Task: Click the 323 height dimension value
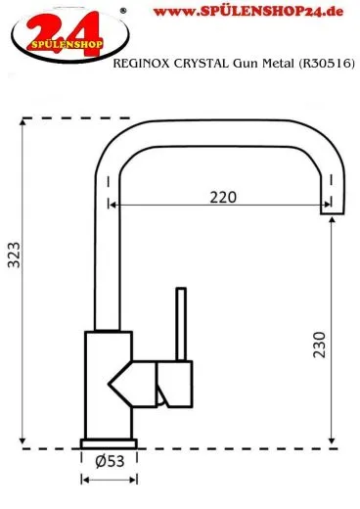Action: click(x=14, y=254)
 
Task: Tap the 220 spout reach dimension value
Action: click(x=223, y=198)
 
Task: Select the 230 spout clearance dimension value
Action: click(x=319, y=345)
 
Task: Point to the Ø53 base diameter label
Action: click(x=110, y=462)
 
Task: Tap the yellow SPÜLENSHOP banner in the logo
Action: click(x=67, y=44)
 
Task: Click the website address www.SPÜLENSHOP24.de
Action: click(x=248, y=12)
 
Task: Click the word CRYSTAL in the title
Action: click(x=202, y=64)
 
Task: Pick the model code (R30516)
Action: click(x=326, y=64)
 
